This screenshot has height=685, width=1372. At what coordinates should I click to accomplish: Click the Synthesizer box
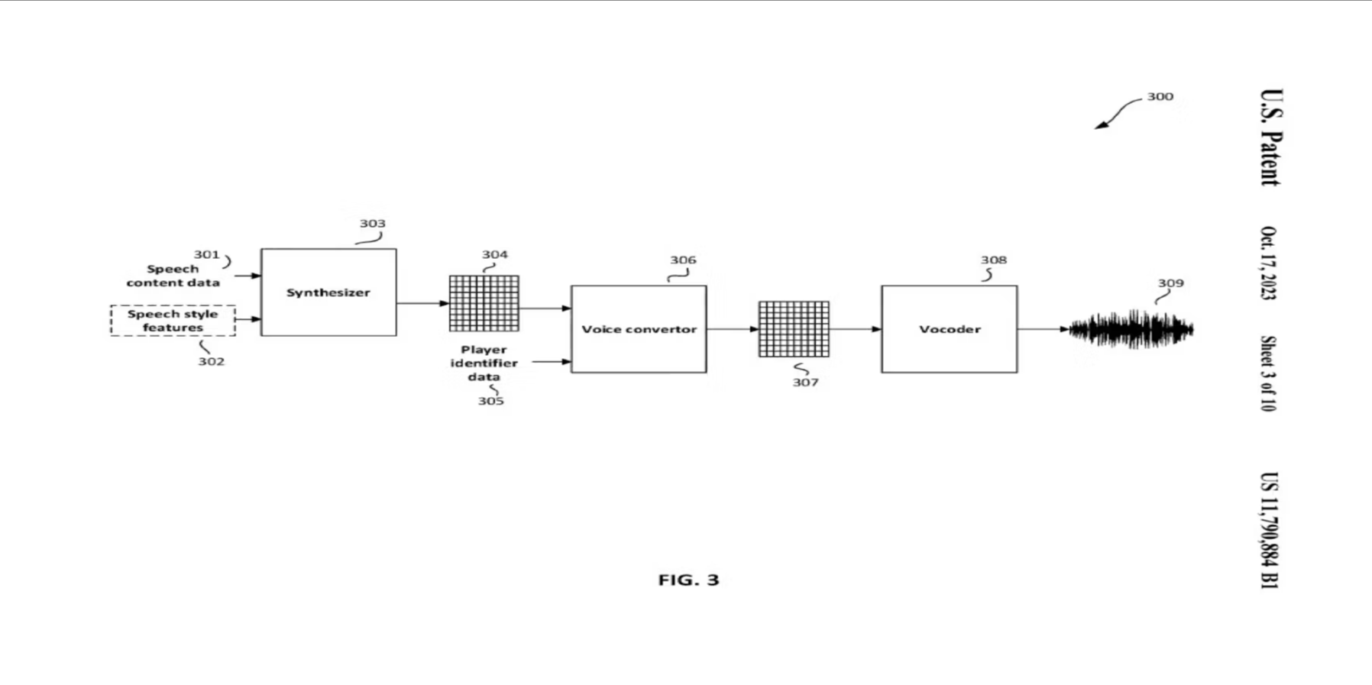[328, 292]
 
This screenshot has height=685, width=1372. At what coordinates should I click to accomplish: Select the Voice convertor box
[639, 329]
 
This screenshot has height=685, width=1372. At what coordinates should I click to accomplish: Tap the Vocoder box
[950, 329]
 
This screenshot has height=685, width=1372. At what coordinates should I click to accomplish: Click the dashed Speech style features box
[173, 321]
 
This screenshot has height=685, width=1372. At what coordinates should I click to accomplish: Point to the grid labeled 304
[484, 303]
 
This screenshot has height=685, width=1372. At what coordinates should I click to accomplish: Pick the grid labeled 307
[794, 329]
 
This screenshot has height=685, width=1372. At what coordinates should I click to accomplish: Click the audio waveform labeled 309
[1131, 329]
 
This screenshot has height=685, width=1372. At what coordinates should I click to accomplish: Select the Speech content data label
[173, 276]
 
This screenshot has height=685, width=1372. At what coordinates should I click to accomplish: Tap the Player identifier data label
[484, 363]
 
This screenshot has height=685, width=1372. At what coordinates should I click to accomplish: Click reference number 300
[1160, 97]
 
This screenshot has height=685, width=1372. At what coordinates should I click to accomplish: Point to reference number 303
[373, 224]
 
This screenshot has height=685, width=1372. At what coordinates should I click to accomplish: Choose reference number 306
[683, 260]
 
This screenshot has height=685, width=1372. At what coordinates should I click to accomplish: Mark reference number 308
[994, 260]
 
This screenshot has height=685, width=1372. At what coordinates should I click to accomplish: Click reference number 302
[212, 361]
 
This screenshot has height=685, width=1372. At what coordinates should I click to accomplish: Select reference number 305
[491, 401]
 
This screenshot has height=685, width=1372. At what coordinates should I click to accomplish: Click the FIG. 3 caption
[688, 580]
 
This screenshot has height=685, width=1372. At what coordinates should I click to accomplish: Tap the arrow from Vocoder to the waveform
[1044, 329]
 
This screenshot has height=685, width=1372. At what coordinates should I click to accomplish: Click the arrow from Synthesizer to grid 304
[423, 303]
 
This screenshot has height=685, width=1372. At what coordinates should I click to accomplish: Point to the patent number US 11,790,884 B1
[1269, 531]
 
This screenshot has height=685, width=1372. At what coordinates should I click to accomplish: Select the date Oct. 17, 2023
[1269, 263]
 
